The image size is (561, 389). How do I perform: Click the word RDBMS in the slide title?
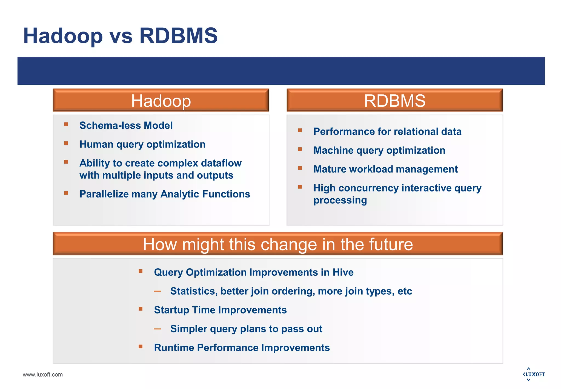pyautogui.click(x=178, y=36)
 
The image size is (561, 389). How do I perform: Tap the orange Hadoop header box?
pyautogui.click(x=161, y=100)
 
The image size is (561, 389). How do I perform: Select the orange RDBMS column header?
pyautogui.click(x=394, y=100)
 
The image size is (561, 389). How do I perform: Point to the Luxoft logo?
pyautogui.click(x=534, y=374)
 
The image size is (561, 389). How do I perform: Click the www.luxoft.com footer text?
pyautogui.click(x=43, y=374)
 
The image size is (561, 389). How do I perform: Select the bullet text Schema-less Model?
pyautogui.click(x=126, y=125)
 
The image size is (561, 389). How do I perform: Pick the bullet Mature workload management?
pyautogui.click(x=385, y=169)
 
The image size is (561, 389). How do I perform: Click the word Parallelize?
pyautogui.click(x=104, y=194)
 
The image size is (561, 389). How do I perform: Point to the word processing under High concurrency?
pyautogui.click(x=340, y=200)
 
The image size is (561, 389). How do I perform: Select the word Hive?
pyautogui.click(x=343, y=272)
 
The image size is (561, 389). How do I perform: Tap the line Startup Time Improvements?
pyautogui.click(x=220, y=310)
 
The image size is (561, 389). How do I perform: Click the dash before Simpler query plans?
pyautogui.click(x=157, y=329)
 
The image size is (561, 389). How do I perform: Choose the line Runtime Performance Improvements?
pyautogui.click(x=242, y=348)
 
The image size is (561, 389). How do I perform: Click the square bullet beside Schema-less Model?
pyautogui.click(x=66, y=125)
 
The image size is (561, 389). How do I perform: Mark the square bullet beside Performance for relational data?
pyautogui.click(x=300, y=131)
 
